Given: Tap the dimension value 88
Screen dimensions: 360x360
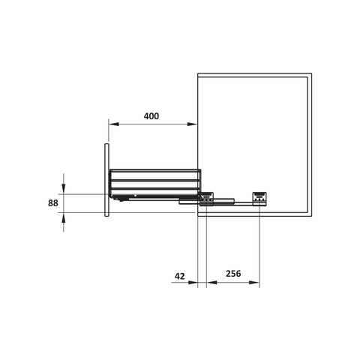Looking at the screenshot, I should [x=52, y=202].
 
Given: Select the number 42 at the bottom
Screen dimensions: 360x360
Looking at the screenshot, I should [x=179, y=276].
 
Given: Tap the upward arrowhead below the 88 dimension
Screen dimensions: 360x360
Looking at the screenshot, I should [x=64, y=217].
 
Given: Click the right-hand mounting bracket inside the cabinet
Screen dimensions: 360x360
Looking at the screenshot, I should [x=259, y=197].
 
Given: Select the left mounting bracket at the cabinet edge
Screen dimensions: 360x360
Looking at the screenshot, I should [x=204, y=198].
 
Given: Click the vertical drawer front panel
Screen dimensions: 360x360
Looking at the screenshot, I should [x=107, y=178].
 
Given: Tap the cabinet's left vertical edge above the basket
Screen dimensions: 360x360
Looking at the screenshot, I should [x=198, y=120].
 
